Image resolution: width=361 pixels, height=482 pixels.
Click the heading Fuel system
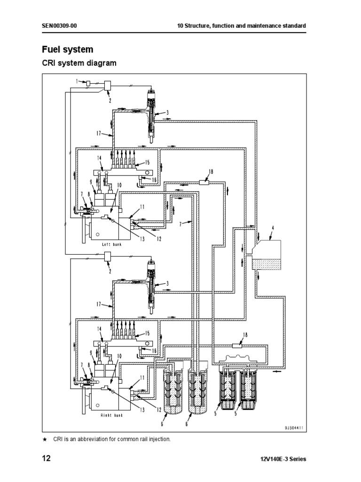pos(68,49)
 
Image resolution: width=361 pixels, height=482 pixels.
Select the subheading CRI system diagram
pos(79,63)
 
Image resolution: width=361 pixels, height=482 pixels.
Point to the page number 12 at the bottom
pos(46,459)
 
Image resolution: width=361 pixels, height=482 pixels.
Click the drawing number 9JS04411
pos(294,428)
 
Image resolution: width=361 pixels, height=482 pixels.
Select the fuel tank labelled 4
pos(267,254)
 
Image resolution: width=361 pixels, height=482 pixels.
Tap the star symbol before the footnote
pos(45,439)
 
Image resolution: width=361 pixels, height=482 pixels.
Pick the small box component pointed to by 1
pos(87,83)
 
